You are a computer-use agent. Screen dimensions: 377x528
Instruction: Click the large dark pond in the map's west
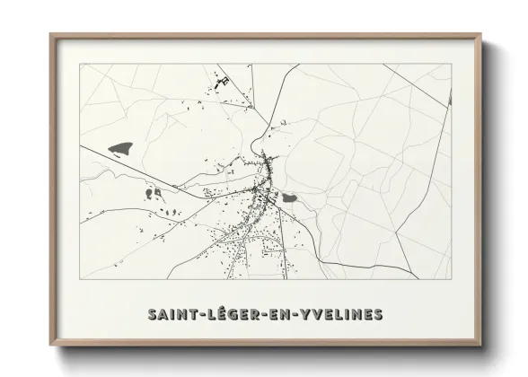pyautogui.click(x=119, y=145)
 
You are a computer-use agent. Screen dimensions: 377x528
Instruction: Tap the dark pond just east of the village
pyautogui.click(x=290, y=197)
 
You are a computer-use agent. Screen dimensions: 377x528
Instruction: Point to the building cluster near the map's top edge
pyautogui.click(x=220, y=84)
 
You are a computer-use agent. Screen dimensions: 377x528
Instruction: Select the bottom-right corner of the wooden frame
pyautogui.click(x=481, y=346)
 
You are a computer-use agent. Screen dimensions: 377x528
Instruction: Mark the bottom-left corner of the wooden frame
pyautogui.click(x=51, y=346)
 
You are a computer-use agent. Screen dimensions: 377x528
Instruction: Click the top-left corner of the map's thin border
pyautogui.click(x=80, y=63)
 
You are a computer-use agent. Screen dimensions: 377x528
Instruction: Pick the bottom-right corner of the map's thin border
pyautogui.click(x=451, y=278)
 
